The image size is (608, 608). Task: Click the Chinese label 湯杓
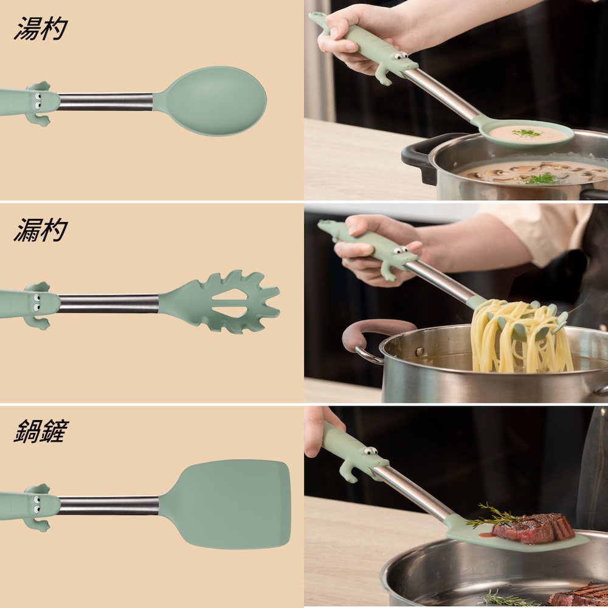tap(41, 29)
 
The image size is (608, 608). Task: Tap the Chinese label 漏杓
tap(41, 230)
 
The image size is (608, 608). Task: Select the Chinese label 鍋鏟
tap(41, 431)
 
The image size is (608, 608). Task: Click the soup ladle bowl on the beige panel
tap(214, 101)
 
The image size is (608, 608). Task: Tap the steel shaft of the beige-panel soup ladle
tap(105, 101)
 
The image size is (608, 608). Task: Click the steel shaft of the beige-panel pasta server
tap(109, 303)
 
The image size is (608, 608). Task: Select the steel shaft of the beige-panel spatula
tap(109, 505)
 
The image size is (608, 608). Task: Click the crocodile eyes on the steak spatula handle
tap(370, 451)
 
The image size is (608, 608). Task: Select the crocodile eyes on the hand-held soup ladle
tap(401, 56)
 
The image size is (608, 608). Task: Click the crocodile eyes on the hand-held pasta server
tap(399, 250)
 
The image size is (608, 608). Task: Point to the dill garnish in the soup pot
tap(543, 179)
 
